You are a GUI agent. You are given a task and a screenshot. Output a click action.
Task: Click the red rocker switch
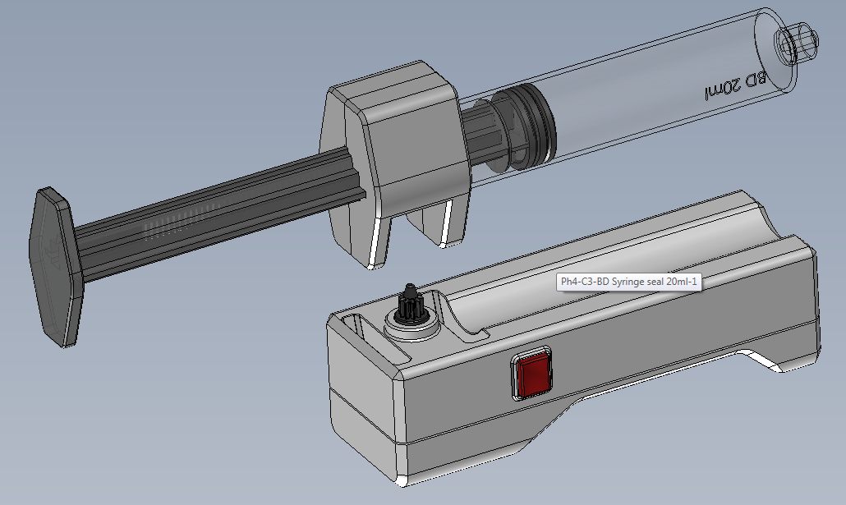click(x=533, y=374)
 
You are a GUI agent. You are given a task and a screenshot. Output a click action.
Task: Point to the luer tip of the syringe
click(x=797, y=42)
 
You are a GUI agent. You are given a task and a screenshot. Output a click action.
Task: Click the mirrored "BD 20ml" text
click(x=735, y=85)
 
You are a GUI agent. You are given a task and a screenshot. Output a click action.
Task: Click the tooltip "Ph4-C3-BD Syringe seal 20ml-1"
click(x=628, y=282)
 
